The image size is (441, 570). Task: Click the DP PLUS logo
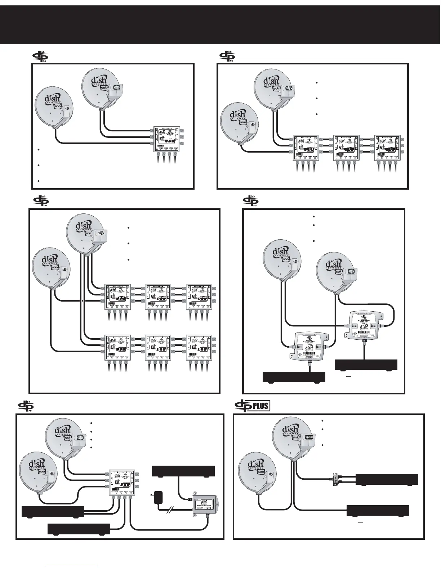click(x=252, y=406)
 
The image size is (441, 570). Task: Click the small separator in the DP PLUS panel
click(x=336, y=479)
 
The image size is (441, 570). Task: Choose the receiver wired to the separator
click(x=387, y=479)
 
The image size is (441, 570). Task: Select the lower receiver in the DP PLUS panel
click(x=378, y=511)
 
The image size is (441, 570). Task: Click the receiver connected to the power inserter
click(x=183, y=471)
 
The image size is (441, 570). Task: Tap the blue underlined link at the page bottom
click(x=72, y=566)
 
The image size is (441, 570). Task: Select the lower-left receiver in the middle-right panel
click(x=294, y=377)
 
